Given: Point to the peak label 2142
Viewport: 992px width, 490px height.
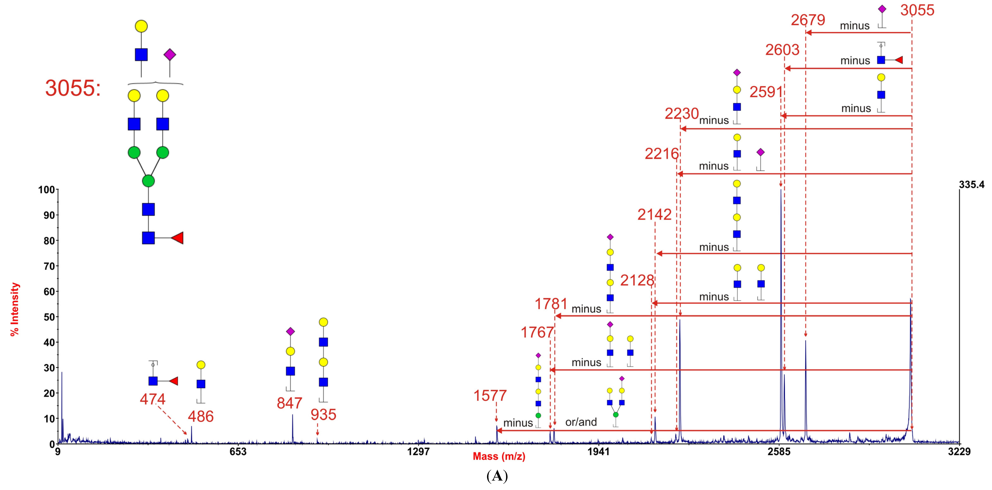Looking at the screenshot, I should [654, 215].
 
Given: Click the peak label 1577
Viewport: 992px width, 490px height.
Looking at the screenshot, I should [490, 396].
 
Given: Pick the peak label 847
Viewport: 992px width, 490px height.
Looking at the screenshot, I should [289, 403].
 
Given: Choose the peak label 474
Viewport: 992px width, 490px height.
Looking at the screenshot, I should [152, 399].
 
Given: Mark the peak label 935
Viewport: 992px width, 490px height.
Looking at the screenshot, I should [324, 415].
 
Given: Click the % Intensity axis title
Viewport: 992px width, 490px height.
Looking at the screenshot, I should [15, 309].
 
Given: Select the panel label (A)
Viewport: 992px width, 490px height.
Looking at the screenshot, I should [497, 476].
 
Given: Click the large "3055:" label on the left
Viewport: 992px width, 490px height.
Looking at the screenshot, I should [73, 88].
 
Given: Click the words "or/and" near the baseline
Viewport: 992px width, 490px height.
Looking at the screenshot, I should [581, 422].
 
